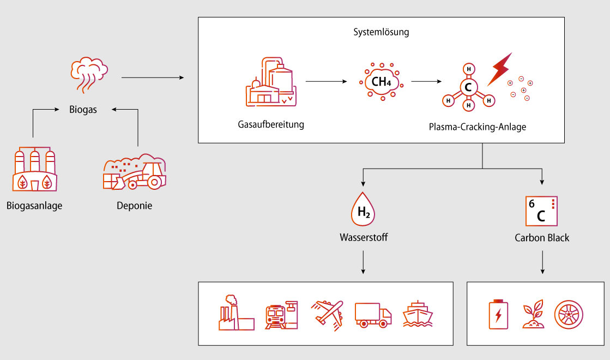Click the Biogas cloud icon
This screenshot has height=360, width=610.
[89, 75]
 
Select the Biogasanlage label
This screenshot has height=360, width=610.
[34, 206]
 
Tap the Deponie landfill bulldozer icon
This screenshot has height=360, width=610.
[135, 172]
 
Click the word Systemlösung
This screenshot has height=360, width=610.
[381, 32]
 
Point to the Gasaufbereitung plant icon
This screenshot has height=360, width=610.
[271, 82]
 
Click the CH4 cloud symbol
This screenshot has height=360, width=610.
[381, 82]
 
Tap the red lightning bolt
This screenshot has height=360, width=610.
[500, 69]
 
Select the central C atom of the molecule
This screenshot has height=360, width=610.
[468, 87]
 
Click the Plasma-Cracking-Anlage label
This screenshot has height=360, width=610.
[478, 127]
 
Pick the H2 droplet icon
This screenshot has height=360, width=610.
[363, 209]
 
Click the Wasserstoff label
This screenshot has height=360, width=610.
[364, 237]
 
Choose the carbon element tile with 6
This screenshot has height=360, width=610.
[541, 211]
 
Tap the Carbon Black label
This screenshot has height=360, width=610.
[542, 238]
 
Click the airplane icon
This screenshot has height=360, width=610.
[327, 315]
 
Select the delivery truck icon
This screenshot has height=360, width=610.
[373, 315]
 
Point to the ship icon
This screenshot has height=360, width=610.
[418, 314]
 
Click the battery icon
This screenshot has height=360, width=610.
[498, 314]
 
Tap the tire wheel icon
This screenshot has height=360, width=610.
[569, 315]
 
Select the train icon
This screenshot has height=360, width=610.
[281, 315]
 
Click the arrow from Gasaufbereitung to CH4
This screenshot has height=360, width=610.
[326, 81]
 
